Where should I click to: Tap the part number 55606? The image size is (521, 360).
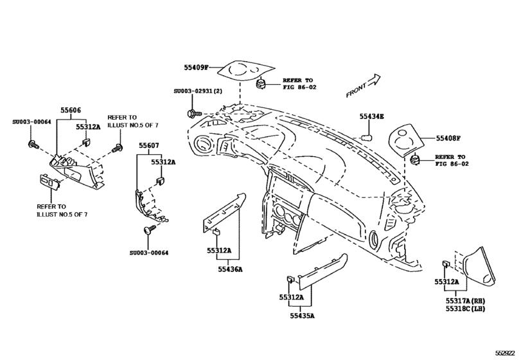coord(71,111)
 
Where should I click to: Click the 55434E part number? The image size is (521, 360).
coord(371,116)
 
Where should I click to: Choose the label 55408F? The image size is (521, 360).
coord(449,138)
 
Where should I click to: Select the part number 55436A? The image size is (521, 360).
coord(230,269)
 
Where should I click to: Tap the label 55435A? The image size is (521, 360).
coord(302,316)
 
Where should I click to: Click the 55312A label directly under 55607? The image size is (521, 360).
coord(163,163)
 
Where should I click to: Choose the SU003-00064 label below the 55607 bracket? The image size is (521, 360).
coord(148,253)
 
